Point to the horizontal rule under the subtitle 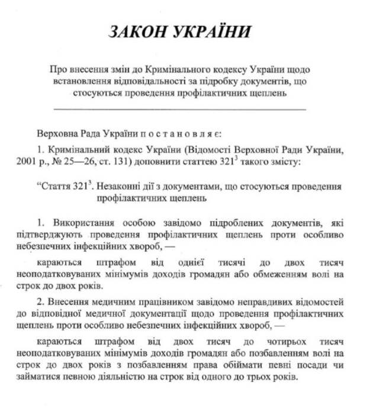click(180, 110)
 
